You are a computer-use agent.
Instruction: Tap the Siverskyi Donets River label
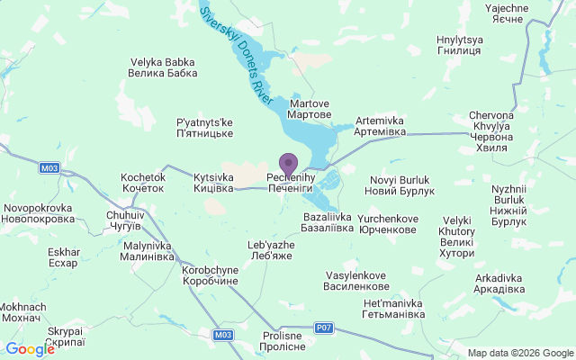(x=237, y=54)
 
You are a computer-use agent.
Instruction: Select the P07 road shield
(x=324, y=328)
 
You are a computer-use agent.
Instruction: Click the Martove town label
(x=309, y=110)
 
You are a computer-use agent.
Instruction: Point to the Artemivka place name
(x=381, y=126)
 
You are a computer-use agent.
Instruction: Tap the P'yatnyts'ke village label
(x=204, y=128)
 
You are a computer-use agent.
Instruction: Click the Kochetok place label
(x=143, y=183)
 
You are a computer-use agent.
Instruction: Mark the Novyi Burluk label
(x=402, y=186)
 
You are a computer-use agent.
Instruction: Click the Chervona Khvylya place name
(x=491, y=131)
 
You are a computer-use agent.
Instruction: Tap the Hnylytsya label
(x=460, y=47)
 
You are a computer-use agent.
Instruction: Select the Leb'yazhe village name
(x=271, y=250)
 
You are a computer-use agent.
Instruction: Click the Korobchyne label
(x=210, y=275)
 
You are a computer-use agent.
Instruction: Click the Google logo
(x=30, y=349)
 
